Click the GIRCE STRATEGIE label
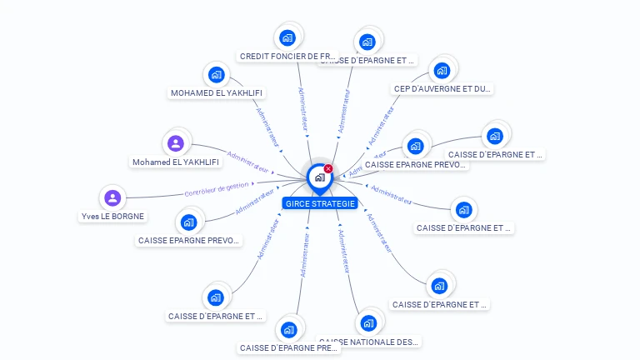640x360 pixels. (x=320, y=203)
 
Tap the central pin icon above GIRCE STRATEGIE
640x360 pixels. (x=319, y=177)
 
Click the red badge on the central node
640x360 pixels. (x=328, y=168)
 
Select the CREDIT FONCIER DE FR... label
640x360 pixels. (x=287, y=57)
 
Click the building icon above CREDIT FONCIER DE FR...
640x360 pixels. (x=288, y=37)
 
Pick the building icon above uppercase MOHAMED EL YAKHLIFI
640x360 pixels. (x=217, y=74)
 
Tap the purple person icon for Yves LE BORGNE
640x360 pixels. (x=113, y=197)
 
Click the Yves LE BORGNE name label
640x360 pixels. (x=112, y=217)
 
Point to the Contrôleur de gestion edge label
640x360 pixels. (x=217, y=188)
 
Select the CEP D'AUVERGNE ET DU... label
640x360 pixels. (x=442, y=88)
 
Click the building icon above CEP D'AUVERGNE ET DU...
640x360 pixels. (x=442, y=70)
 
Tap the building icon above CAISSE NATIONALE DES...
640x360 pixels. (x=368, y=322)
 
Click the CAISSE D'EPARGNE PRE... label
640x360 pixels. (x=288, y=348)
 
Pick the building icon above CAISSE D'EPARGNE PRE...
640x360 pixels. (x=289, y=329)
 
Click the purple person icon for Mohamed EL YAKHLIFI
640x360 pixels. (x=176, y=143)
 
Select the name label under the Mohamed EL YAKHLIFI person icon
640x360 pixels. (x=176, y=162)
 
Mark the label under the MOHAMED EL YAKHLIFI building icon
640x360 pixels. (x=217, y=93)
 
